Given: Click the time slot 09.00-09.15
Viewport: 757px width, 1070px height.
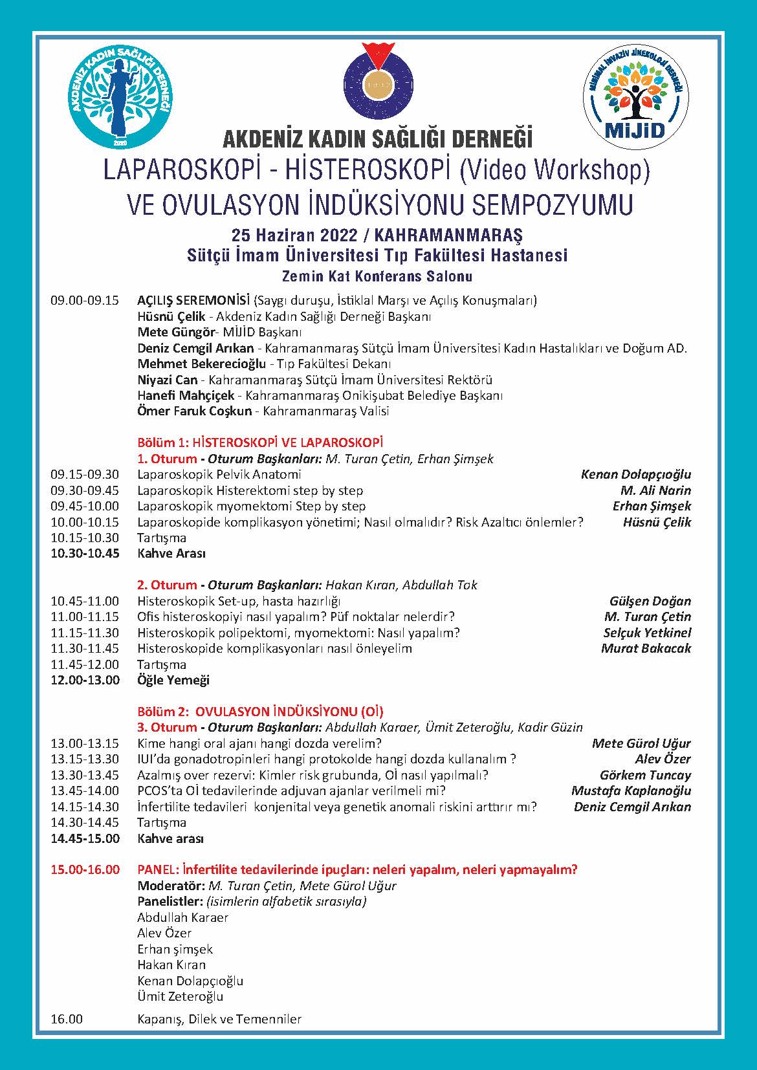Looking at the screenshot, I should click(x=85, y=301).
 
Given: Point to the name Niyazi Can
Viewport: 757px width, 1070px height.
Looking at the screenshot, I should click(x=168, y=380).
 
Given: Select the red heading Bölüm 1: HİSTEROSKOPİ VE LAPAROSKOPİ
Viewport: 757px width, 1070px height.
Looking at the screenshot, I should click(x=260, y=442).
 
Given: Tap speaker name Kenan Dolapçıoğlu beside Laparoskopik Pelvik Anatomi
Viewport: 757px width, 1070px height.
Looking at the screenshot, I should click(x=636, y=475).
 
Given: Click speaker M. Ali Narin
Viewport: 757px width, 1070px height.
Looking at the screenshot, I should click(x=655, y=490).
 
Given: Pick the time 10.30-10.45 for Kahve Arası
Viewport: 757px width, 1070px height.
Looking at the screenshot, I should click(x=85, y=554).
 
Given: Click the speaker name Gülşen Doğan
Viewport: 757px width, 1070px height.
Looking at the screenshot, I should click(x=650, y=602).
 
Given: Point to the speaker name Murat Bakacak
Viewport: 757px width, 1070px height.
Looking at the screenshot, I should click(x=646, y=649).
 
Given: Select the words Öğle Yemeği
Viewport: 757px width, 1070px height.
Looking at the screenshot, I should click(x=173, y=681).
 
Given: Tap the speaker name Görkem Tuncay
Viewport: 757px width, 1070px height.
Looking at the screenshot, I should click(x=645, y=775).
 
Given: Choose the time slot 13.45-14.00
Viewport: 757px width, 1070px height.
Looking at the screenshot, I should click(x=85, y=791).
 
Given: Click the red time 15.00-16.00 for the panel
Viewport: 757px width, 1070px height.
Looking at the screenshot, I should click(x=85, y=869).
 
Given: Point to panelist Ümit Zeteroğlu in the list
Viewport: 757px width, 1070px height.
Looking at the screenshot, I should click(x=181, y=997).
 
